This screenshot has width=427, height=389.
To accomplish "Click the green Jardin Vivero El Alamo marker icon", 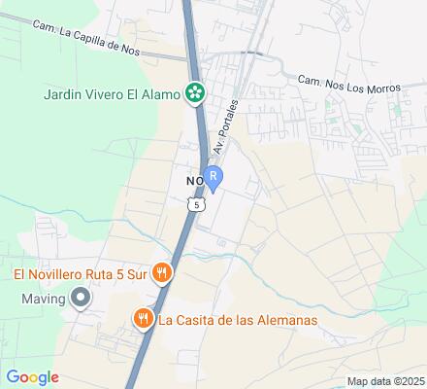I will tap(196, 94).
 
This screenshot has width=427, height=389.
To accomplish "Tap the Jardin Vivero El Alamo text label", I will tap(113, 94).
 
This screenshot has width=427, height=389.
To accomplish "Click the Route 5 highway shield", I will tap(198, 205).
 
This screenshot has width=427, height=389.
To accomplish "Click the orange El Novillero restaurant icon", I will tap(164, 274).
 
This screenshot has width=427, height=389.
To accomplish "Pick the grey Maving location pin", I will tap(80, 299).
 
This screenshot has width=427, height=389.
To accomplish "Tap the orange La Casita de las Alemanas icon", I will tap(143, 318).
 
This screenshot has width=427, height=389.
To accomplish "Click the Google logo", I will tap(33, 377).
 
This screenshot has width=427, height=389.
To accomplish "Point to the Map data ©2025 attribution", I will tap(386, 381).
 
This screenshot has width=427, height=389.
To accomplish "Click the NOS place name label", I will tap(193, 181).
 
